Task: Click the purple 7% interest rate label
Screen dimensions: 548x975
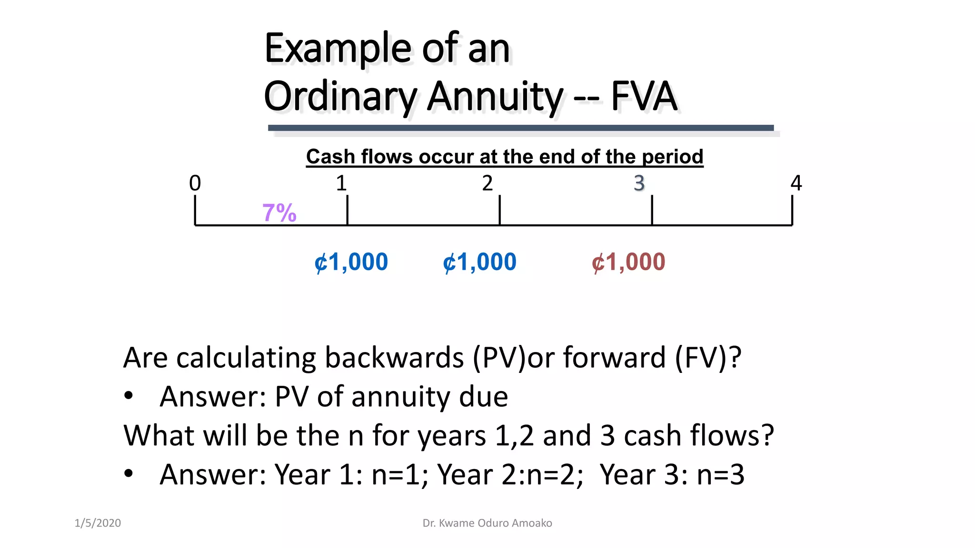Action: (x=279, y=213)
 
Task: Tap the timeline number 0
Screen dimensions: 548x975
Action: (x=195, y=183)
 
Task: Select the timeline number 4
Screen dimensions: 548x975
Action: (x=796, y=183)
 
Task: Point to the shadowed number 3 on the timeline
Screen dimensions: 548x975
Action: (x=639, y=183)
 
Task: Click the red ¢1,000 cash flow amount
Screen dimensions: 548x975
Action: (x=628, y=262)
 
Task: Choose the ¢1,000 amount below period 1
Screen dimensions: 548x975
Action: (x=351, y=262)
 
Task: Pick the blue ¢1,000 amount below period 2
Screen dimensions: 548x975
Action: (x=479, y=262)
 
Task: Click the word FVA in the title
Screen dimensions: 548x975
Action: (x=644, y=96)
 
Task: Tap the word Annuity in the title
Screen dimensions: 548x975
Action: (x=495, y=97)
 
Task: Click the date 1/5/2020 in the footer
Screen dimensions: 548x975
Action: (x=98, y=523)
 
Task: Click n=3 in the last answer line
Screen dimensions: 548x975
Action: (x=720, y=475)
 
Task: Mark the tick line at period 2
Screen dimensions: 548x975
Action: (x=499, y=210)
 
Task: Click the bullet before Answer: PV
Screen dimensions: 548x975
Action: (x=129, y=396)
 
